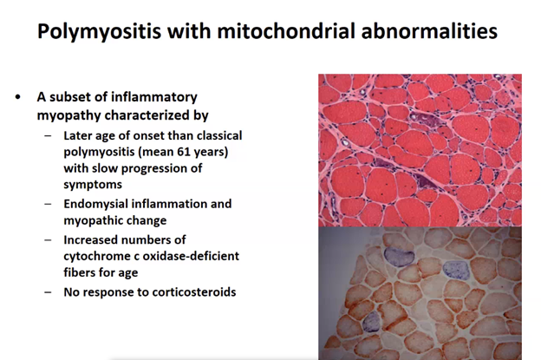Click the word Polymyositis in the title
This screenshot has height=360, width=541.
pyautogui.click(x=100, y=31)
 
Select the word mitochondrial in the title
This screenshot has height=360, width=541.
pyautogui.click(x=286, y=30)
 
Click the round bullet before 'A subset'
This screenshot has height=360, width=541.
pyautogui.click(x=18, y=97)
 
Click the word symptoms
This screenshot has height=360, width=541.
pyautogui.click(x=93, y=185)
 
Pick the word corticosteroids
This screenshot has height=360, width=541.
pyautogui.click(x=194, y=292)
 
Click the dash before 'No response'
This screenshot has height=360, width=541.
pyautogui.click(x=48, y=292)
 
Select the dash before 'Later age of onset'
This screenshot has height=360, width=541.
pyautogui.click(x=48, y=135)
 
